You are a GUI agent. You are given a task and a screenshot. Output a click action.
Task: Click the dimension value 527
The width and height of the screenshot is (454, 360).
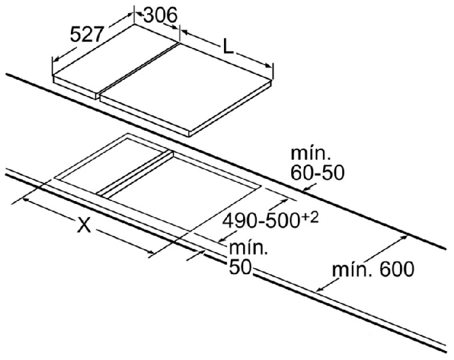(x=87, y=34)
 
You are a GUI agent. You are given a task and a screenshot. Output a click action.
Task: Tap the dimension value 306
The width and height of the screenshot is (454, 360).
(x=160, y=15)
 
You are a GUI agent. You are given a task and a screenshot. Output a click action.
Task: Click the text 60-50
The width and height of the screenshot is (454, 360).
(x=317, y=173)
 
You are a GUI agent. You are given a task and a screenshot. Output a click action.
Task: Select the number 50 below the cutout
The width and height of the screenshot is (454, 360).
(x=240, y=267)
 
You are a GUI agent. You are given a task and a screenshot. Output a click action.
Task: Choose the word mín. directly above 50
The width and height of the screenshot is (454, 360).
(x=248, y=248)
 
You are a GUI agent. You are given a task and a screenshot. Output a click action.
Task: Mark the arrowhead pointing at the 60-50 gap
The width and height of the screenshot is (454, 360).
(x=306, y=189)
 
